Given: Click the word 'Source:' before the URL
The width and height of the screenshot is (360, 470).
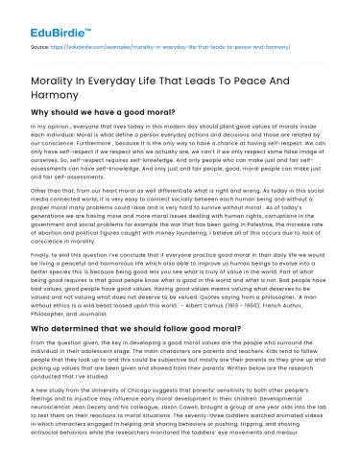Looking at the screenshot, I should [42, 44].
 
